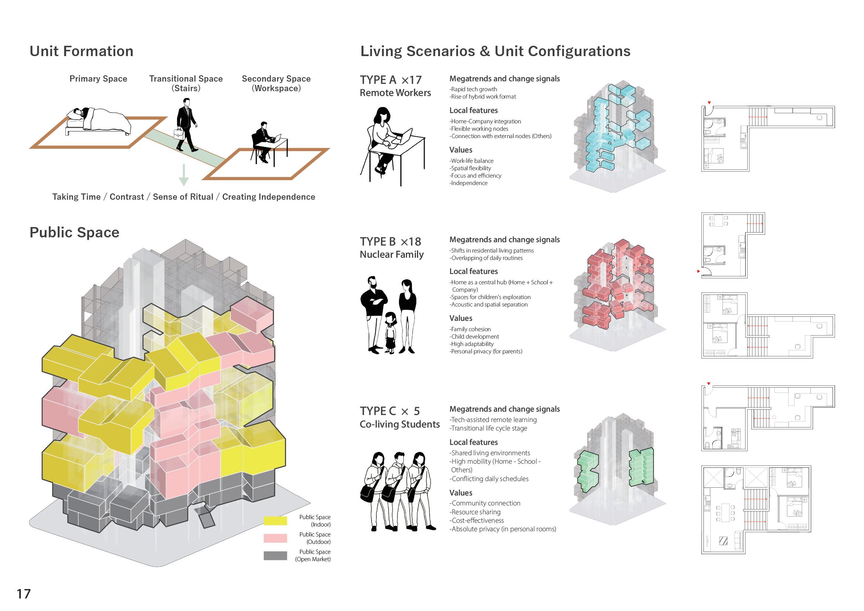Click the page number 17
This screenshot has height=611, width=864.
(23, 594)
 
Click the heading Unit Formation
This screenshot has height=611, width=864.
(81, 51)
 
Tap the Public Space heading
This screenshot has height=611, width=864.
(74, 233)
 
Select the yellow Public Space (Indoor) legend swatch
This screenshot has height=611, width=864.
(275, 521)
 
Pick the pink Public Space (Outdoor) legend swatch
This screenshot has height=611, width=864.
(275, 538)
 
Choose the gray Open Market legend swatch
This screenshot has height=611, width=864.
(275, 555)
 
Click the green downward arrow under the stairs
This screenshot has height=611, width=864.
(183, 175)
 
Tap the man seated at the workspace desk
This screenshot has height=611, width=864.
(263, 141)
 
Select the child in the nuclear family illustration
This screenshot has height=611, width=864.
(390, 333)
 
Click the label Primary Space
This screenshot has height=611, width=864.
(98, 79)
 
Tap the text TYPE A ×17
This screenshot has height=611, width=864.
(390, 80)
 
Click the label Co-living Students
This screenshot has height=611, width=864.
(399, 425)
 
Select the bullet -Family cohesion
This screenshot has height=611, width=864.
(471, 329)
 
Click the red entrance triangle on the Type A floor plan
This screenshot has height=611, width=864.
(709, 103)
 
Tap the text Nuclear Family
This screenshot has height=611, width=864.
(392, 255)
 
